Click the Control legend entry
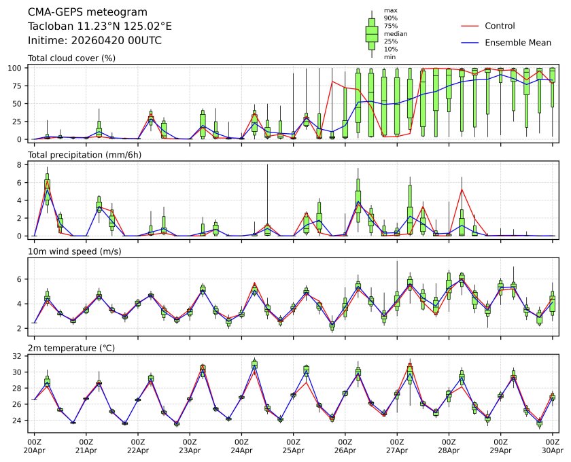(x=500, y=26)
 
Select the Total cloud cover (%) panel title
(x=71, y=58)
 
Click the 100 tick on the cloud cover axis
(x=16, y=68)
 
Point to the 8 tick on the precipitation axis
(x=21, y=164)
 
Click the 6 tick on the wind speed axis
(x=21, y=279)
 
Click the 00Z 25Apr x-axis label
(x=293, y=445)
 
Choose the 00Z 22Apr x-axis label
(x=137, y=445)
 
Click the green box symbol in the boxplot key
(x=372, y=33)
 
